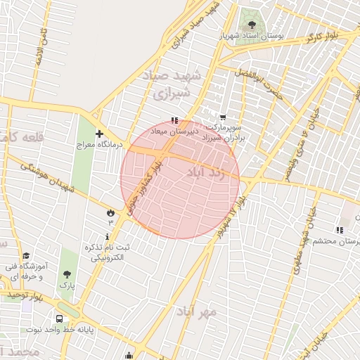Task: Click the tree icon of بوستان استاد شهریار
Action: [252, 26]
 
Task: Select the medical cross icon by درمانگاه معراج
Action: [99, 134]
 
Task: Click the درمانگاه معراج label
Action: [99, 144]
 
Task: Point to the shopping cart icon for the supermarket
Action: [223, 118]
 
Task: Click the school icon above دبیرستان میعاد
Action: [175, 120]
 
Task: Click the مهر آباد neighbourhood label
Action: [196, 310]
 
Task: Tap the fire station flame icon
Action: [110, 212]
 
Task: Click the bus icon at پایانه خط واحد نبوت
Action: [59, 319]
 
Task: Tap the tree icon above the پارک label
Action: [67, 275]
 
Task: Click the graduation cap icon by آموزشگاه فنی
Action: [27, 256]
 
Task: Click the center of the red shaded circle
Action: [180, 179]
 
